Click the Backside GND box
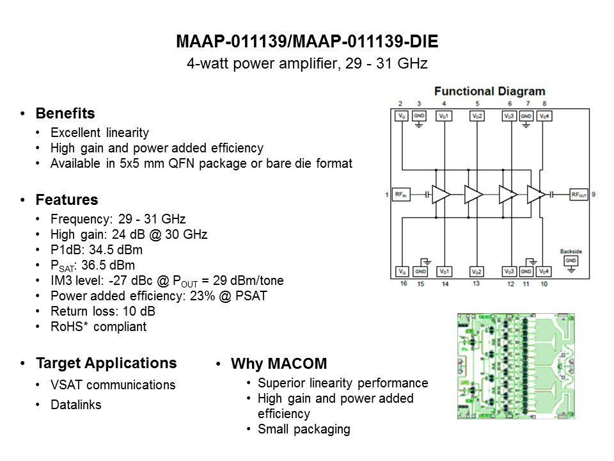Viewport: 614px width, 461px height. [x=571, y=261]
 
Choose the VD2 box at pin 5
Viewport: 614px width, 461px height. [x=477, y=116]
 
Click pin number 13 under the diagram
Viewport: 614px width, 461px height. [x=476, y=282]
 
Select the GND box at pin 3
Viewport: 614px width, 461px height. [x=419, y=116]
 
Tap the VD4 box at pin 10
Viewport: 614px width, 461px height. [x=543, y=271]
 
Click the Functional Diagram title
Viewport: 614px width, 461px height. [x=490, y=92]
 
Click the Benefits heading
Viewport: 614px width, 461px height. [x=65, y=113]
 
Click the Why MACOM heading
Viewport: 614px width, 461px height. [x=278, y=364]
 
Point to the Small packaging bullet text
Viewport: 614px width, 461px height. [x=304, y=429]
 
